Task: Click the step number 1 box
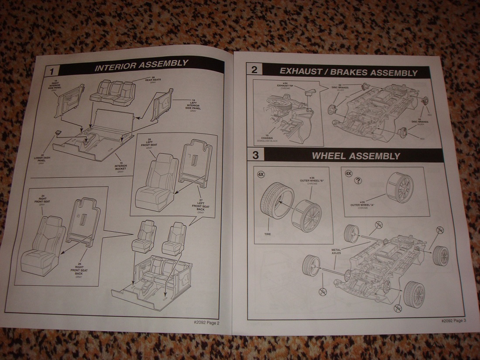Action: pyautogui.click(x=51, y=70)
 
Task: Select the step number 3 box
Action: pyautogui.click(x=256, y=154)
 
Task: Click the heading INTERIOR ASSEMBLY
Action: pyautogui.click(x=141, y=64)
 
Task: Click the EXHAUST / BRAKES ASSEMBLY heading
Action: pyautogui.click(x=348, y=72)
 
